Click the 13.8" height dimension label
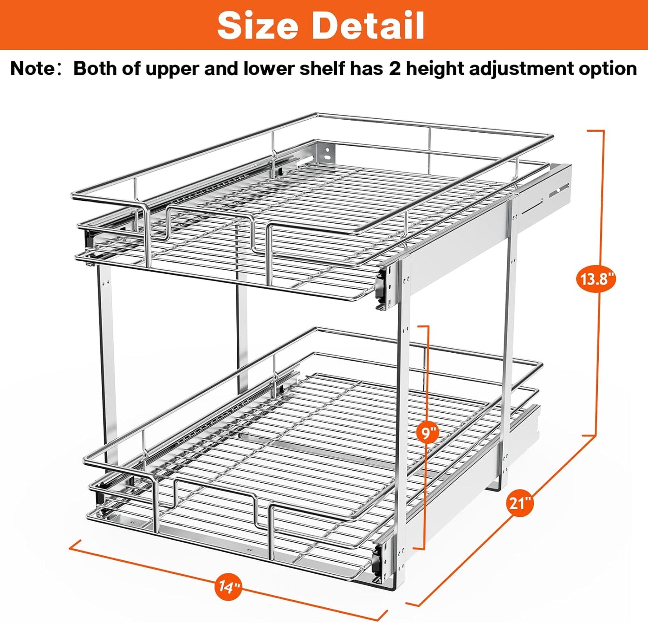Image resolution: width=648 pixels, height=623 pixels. click(596, 279)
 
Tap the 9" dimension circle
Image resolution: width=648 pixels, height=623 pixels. click(429, 433)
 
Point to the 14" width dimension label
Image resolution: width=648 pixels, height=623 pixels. click(230, 586)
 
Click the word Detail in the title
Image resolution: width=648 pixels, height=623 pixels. click(368, 25)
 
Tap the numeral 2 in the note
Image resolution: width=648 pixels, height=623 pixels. click(395, 69)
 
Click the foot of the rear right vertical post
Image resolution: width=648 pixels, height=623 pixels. click(495, 487)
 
